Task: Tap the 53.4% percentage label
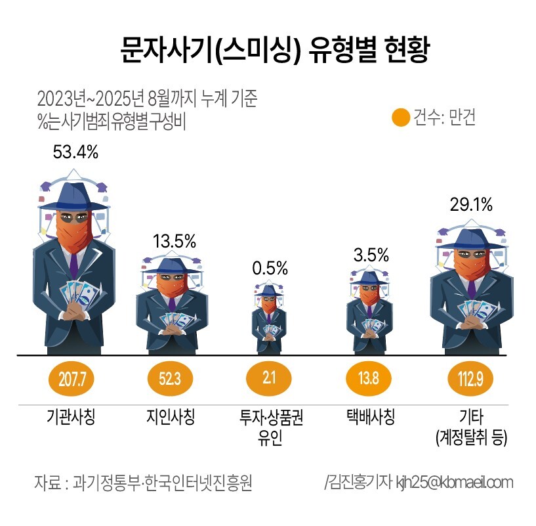click(75, 152)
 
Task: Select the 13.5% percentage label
click(174, 240)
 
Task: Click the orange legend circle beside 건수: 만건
click(400, 118)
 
